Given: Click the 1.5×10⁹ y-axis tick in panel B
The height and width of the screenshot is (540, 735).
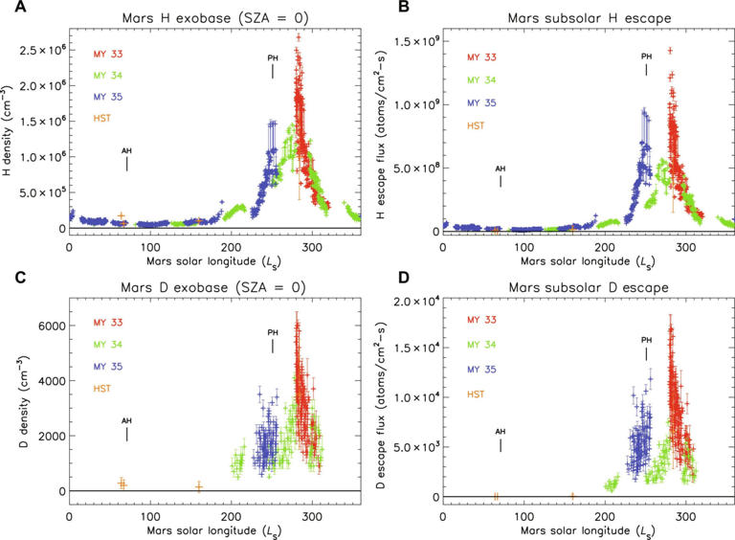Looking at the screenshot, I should tap(412, 42).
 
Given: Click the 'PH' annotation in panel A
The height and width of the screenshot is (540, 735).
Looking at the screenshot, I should tap(273, 58).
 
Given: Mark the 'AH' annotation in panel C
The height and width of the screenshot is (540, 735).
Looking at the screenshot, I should tap(126, 420).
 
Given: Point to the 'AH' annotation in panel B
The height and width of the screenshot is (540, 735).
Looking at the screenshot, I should tap(500, 169).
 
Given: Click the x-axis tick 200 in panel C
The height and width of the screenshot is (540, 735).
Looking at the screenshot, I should tap(231, 506).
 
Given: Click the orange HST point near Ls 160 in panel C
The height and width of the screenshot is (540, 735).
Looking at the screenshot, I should tap(198, 486).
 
